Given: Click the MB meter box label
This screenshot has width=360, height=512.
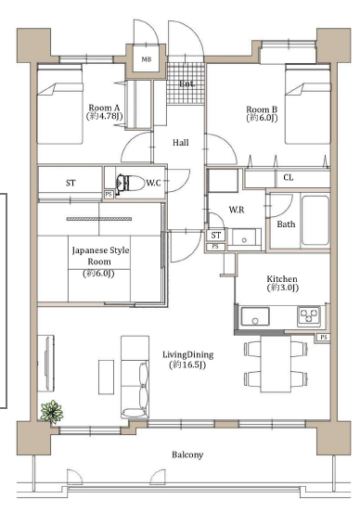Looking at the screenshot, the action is coord(147,59).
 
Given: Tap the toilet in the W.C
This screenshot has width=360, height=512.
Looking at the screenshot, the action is coord(131,184).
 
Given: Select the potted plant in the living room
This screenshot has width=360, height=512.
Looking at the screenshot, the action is coord(51,412).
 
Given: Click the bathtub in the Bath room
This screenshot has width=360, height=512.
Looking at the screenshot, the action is coord(315,220).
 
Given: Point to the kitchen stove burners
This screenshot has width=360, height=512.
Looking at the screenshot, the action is coord(309,315).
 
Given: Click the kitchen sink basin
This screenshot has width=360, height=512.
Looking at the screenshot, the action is coord(255,316).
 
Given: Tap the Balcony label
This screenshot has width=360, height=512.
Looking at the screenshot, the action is coord(187,454).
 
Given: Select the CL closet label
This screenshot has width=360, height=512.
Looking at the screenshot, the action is coord(289,178).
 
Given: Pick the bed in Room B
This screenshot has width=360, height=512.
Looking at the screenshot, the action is coord(307,104).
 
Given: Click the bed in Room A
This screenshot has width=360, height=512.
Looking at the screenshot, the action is coord(59,104).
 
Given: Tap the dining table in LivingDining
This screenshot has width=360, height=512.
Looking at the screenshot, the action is coord(276,365).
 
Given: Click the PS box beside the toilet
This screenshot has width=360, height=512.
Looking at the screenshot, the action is coord(109,194).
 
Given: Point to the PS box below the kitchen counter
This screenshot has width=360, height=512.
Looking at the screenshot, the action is coord(323,338).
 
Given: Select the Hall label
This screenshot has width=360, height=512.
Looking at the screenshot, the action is coord(181,143).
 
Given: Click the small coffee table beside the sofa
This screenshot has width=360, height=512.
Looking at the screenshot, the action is coord(106,377).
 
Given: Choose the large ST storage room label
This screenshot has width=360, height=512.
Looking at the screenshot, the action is coord(71,183).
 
